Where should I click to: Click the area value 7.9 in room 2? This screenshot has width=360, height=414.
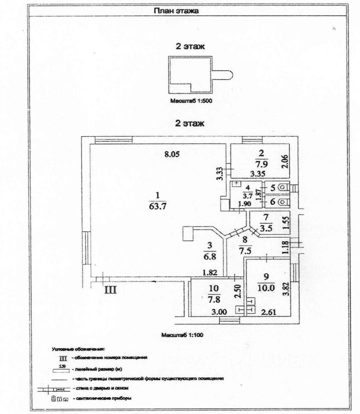261,164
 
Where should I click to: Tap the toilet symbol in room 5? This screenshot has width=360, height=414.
282,187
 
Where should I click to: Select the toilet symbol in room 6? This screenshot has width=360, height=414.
282,201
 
